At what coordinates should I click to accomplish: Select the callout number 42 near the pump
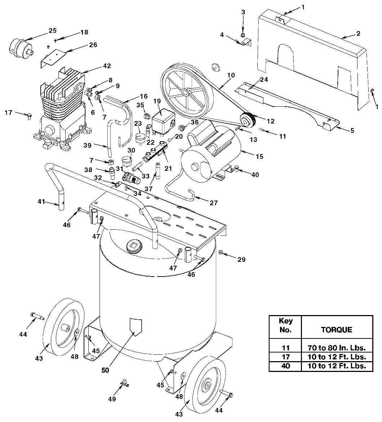(x=106, y=66)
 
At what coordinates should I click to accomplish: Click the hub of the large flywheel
(x=185, y=92)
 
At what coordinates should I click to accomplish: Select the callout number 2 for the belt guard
(x=358, y=33)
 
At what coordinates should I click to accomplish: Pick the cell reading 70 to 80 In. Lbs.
(x=337, y=348)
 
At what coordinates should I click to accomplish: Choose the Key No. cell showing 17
(x=286, y=357)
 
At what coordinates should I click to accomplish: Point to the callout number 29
(x=241, y=259)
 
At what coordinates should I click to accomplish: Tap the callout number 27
(x=213, y=203)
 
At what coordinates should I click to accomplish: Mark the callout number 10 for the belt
(x=231, y=75)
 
